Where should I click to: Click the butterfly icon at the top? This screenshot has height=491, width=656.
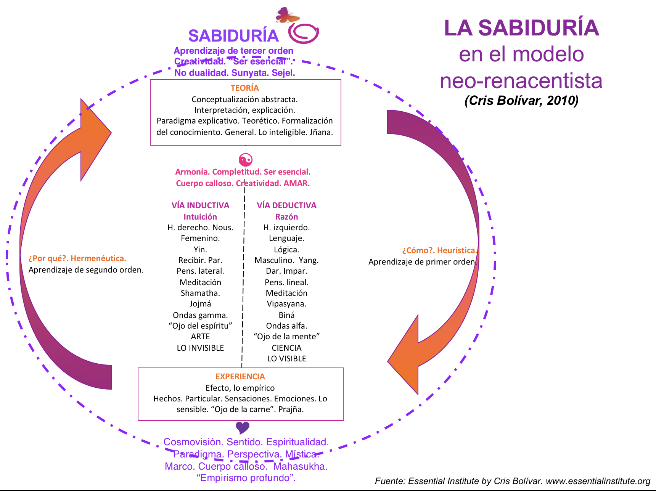point(287,15)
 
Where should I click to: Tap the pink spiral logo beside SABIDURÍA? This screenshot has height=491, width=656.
point(303,33)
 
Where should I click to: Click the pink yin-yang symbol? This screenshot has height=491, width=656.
point(245,159)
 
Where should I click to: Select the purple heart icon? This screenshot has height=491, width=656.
point(243,428)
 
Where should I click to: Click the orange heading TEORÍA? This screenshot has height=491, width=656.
point(245,88)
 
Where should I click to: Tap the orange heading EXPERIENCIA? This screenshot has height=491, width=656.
point(240,377)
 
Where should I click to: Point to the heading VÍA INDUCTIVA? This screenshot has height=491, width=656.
point(200,205)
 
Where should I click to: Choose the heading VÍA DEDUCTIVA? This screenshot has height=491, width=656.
point(286,205)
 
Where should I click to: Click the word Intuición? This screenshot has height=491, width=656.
point(200,217)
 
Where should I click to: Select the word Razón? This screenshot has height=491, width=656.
point(286,217)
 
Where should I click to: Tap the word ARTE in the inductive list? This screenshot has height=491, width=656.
point(200,337)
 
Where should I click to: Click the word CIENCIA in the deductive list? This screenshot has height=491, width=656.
point(286,348)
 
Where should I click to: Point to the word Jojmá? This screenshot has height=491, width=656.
point(200,304)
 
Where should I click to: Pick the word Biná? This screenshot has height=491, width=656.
point(286,315)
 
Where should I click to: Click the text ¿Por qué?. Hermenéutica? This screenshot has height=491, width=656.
point(77,258)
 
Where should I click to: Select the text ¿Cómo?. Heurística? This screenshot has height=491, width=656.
point(439,250)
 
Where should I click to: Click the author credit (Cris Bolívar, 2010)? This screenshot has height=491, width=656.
point(521,101)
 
